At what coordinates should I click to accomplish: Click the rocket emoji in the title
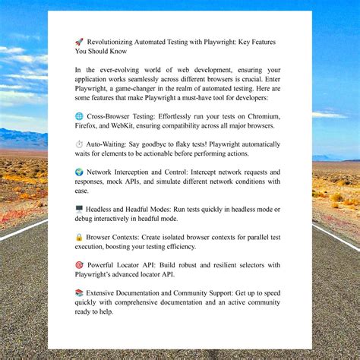(x=79, y=43)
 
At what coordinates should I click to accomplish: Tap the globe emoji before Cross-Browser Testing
(x=79, y=116)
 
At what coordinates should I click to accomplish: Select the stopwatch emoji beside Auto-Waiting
(x=79, y=144)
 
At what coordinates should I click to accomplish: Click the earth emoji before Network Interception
(x=79, y=172)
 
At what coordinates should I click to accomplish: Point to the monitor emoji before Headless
(x=79, y=209)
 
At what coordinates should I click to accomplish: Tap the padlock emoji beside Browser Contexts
(x=79, y=237)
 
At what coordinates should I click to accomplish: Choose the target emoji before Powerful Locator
(x=79, y=265)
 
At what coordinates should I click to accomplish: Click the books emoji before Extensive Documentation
(x=79, y=293)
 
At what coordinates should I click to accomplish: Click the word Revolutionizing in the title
(x=114, y=43)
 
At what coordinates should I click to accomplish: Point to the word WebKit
(x=137, y=126)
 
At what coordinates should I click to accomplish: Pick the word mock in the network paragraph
(x=132, y=182)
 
